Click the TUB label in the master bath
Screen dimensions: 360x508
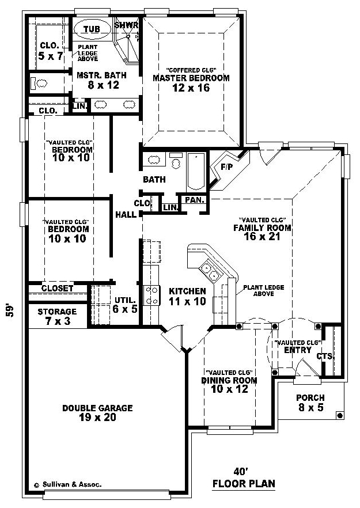click(92, 29)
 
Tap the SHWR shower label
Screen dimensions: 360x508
click(126, 25)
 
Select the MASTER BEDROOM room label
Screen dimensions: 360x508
click(191, 78)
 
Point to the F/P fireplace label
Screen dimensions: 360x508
click(226, 167)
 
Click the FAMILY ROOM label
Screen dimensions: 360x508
click(262, 228)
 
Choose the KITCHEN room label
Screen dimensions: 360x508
click(187, 291)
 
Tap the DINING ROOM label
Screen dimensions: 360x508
click(229, 380)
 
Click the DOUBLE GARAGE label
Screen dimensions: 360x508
click(97, 408)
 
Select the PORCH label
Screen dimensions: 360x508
click(310, 397)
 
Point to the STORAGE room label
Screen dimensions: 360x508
click(57, 312)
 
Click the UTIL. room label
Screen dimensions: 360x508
click(125, 300)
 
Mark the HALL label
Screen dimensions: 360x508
click(126, 214)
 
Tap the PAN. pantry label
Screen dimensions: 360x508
click(195, 200)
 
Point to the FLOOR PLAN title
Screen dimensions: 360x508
click(244, 484)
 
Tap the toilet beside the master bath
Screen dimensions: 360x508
click(39, 84)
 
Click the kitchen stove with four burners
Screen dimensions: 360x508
click(152, 295)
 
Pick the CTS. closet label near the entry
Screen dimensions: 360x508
click(325, 357)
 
